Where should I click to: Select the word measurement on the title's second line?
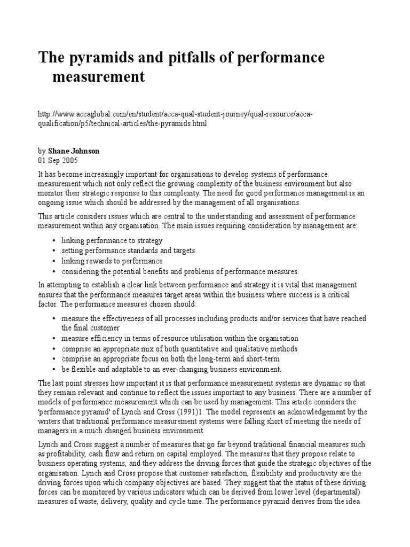(x=98, y=77)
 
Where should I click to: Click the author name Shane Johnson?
(x=74, y=151)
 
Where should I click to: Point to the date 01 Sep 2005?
(x=59, y=160)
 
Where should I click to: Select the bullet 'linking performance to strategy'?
(x=112, y=241)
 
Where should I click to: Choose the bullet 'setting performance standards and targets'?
(x=128, y=251)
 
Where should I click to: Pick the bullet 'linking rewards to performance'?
(x=112, y=261)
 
